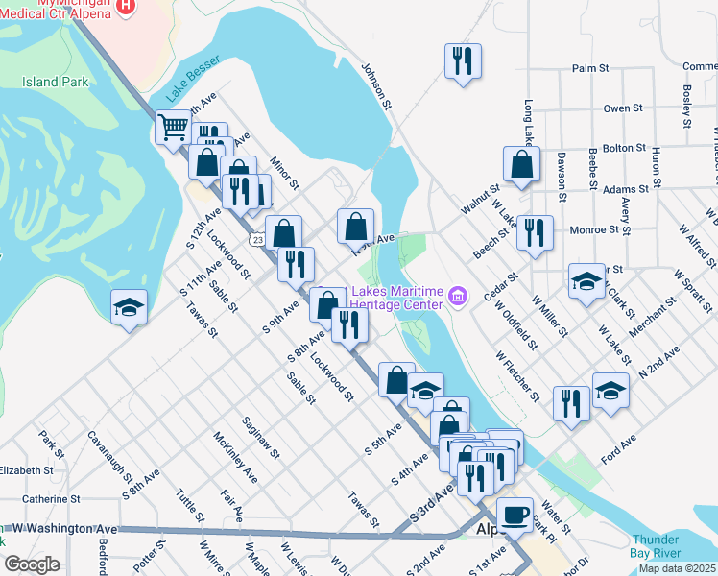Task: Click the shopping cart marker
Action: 173,127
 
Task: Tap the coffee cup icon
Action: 515,514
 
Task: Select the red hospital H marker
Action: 124,8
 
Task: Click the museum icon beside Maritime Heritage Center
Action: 457,298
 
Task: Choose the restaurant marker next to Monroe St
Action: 535,232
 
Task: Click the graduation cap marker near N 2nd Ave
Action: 610,390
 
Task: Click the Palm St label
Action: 590,68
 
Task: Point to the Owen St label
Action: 623,108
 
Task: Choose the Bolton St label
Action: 625,148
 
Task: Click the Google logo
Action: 33,564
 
